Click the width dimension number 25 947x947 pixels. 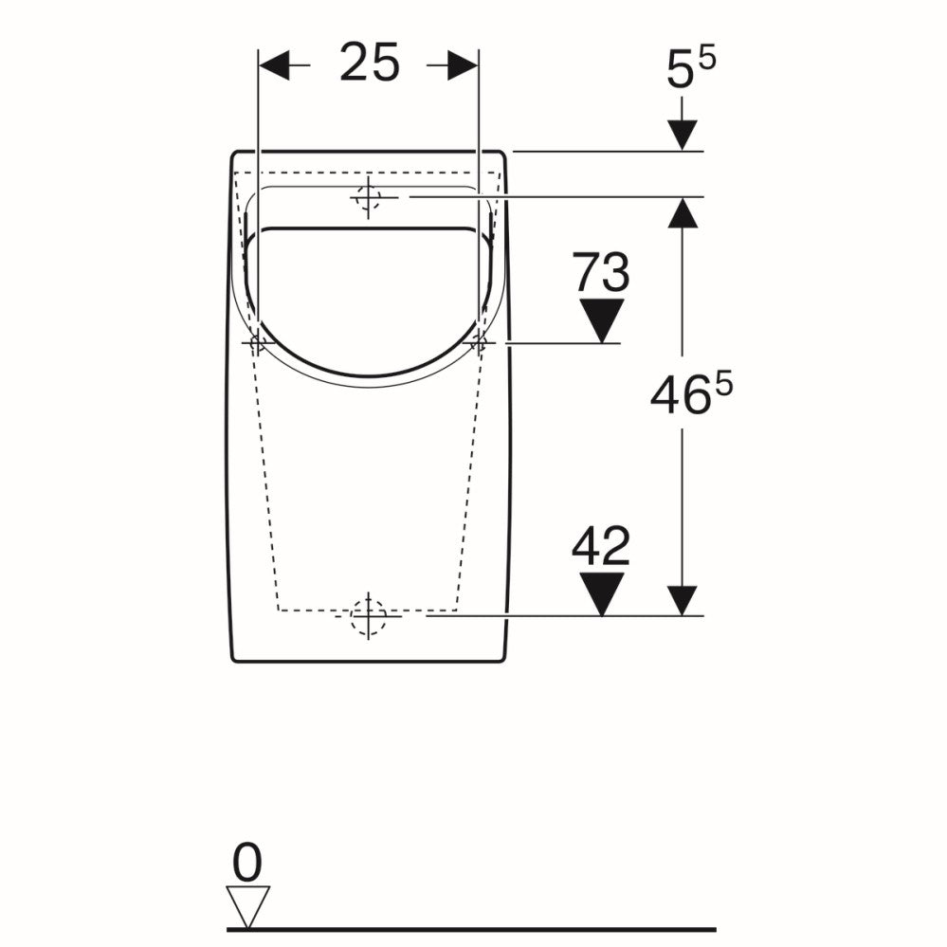point(370,62)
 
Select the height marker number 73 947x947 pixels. point(601,272)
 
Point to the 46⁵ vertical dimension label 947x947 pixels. point(691,393)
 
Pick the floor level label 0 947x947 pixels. point(247,863)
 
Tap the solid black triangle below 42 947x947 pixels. point(602,593)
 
